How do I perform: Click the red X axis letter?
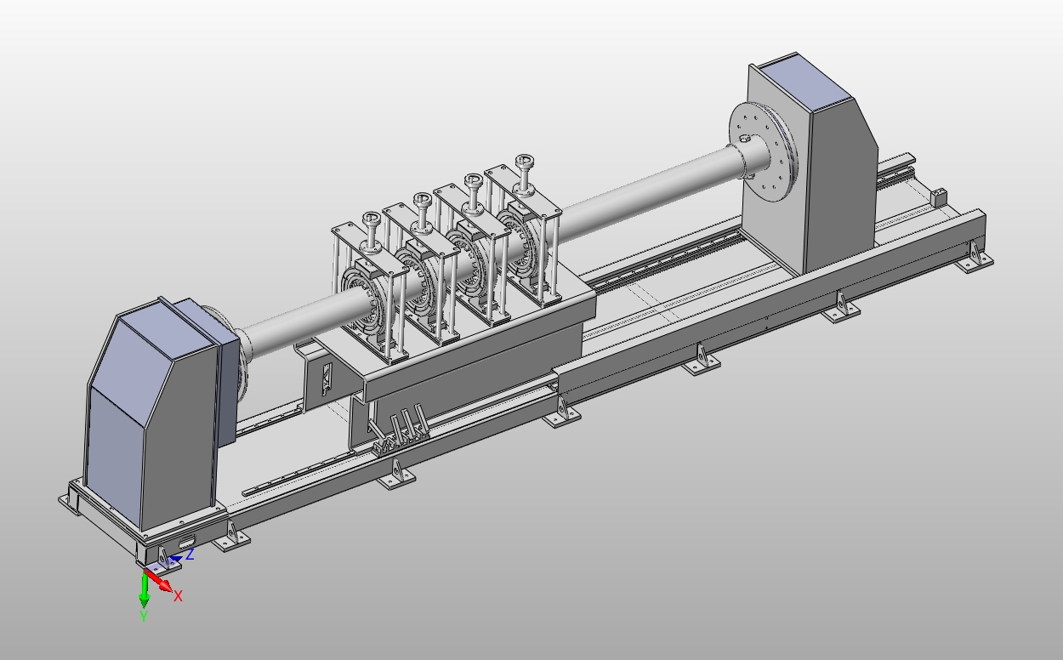(179, 597)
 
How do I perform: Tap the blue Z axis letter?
(190, 554)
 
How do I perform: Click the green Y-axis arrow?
(144, 592)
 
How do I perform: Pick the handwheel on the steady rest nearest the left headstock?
(371, 218)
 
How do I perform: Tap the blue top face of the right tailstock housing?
(804, 82)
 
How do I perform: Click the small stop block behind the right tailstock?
(939, 197)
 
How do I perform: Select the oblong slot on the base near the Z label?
(187, 542)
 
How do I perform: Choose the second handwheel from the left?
(422, 200)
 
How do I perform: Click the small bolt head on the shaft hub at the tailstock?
(745, 139)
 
